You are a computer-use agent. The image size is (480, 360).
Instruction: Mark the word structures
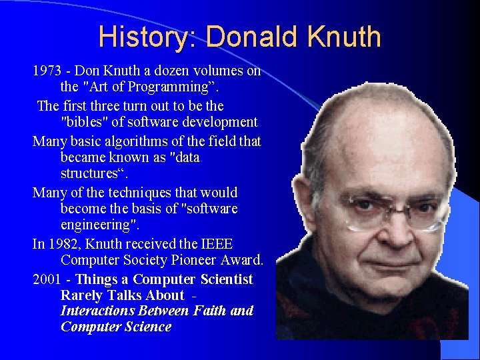click(x=91, y=174)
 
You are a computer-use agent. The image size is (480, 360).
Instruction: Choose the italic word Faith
click(x=207, y=311)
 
